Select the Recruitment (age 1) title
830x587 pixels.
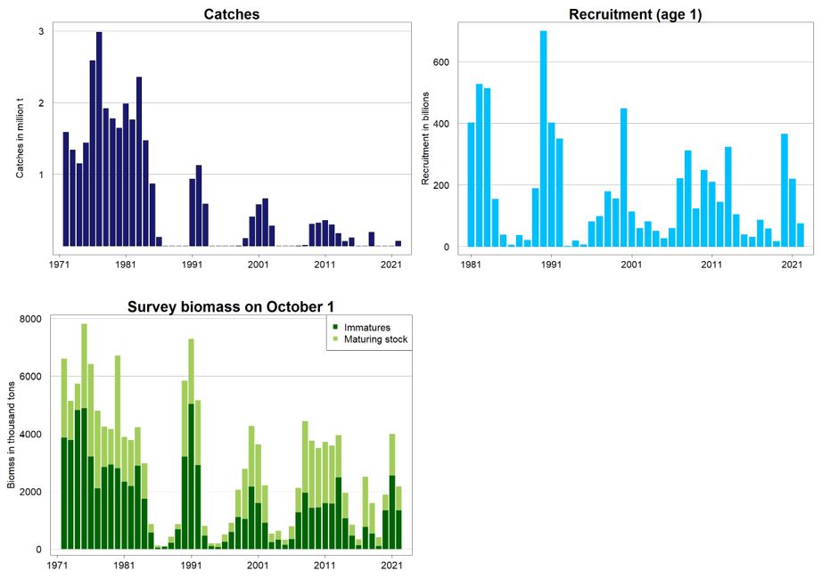[x=635, y=14]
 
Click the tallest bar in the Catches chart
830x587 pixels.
[x=99, y=139]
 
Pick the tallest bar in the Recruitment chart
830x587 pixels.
[x=544, y=139]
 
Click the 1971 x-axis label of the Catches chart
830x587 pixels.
[x=60, y=265]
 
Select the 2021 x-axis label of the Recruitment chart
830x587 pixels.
[x=791, y=265]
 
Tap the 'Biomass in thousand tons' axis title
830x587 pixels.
[x=11, y=434]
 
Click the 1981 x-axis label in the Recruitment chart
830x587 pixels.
[x=472, y=265]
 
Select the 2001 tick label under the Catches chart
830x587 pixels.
[x=258, y=265]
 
